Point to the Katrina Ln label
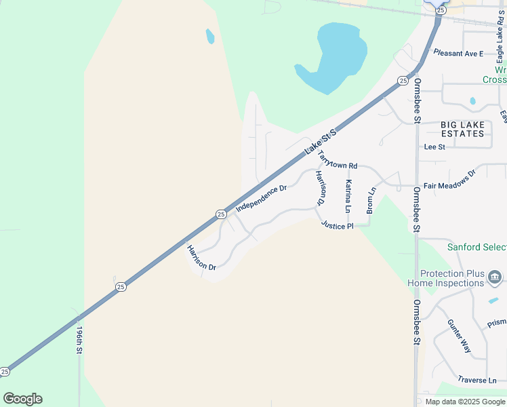[348, 196]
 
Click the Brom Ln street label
[371, 201]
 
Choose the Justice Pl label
[338, 225]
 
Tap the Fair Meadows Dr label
[450, 185]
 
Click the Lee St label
[434, 147]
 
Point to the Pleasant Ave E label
[459, 53]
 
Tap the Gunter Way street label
[459, 336]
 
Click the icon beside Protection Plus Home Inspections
[495, 277]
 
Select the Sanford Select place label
[476, 247]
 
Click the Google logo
[22, 399]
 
